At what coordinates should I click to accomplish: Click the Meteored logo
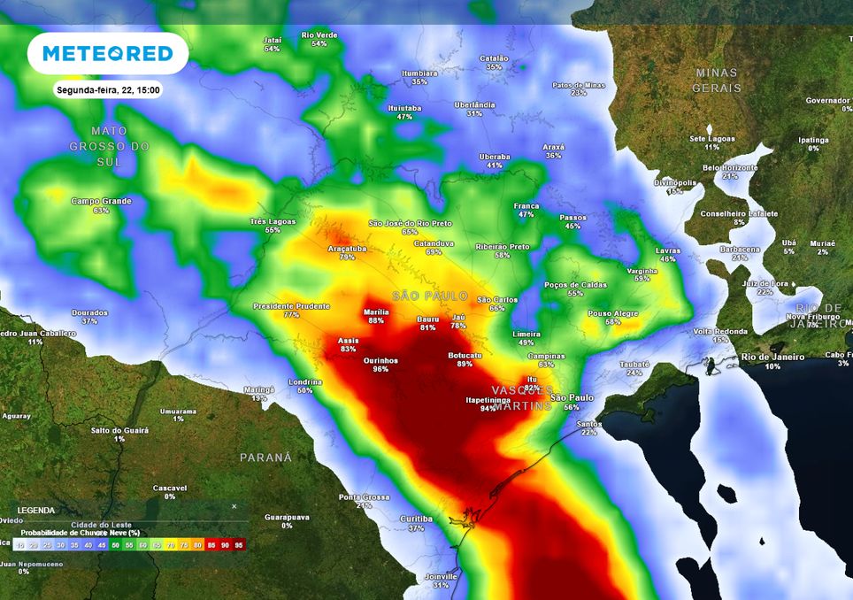coord(108,53)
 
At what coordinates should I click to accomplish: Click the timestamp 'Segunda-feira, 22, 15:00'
coord(108,90)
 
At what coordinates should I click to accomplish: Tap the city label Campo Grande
coord(101,201)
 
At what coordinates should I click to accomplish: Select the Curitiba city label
coord(416,519)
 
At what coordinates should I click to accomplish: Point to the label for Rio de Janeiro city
coord(773,357)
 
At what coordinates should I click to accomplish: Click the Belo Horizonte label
coord(730,167)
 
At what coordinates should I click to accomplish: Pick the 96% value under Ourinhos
coord(380,369)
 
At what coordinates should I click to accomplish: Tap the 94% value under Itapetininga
coord(488,409)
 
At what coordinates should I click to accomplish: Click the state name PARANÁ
coord(265,458)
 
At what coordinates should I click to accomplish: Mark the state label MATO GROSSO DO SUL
coord(109,146)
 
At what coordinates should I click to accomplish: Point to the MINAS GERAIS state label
coord(717,80)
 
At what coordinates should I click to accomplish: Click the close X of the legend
coord(234,506)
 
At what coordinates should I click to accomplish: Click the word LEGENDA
coord(35,511)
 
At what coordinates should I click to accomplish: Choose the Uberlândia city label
coord(474,104)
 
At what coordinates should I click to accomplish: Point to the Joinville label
coord(442,576)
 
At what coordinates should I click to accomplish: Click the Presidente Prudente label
coord(291,305)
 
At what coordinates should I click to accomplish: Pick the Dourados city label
coord(89,312)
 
